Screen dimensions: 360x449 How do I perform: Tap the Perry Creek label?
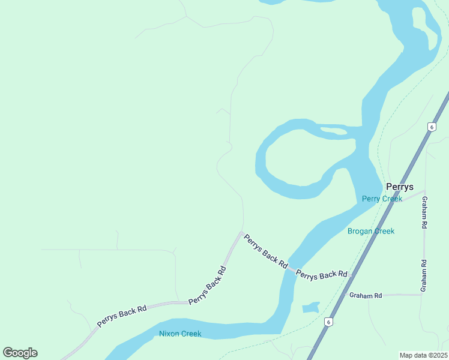[382, 199]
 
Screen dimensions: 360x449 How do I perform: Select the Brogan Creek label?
[371, 231]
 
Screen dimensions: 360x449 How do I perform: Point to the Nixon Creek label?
[180, 334]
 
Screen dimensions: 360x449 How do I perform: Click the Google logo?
[20, 353]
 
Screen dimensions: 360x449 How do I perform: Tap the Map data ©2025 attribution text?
[423, 355]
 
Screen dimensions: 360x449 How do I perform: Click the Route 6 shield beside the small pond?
[328, 322]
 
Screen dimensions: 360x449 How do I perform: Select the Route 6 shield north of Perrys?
[431, 127]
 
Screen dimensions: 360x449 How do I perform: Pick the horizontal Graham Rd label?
[366, 296]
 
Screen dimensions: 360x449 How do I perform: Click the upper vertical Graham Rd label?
[424, 212]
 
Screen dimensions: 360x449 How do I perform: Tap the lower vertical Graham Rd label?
[424, 275]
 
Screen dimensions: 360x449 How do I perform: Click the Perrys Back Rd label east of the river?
[322, 275]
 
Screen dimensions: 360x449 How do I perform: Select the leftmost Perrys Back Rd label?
[122, 317]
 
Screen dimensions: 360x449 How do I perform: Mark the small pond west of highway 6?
[310, 307]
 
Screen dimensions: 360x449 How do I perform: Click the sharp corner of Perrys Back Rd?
[241, 233]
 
